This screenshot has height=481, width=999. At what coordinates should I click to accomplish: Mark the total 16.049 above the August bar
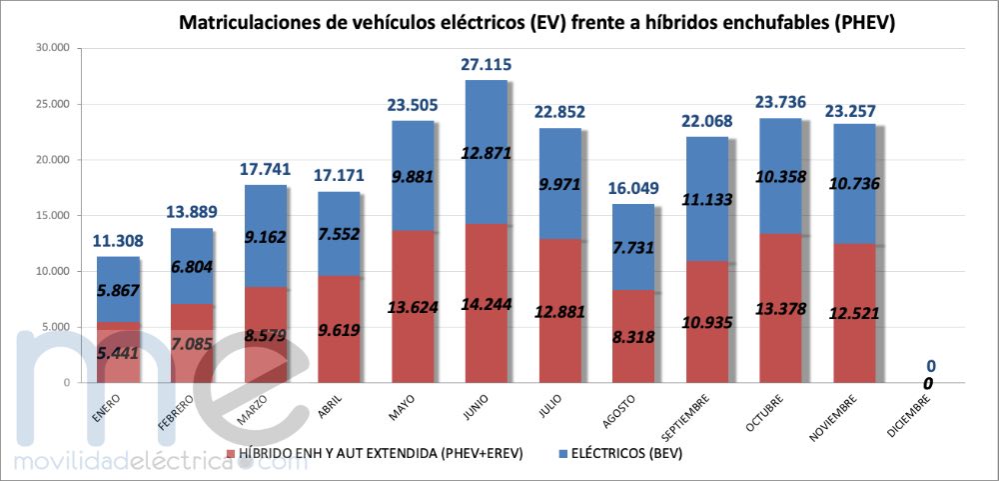point(633,190)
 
